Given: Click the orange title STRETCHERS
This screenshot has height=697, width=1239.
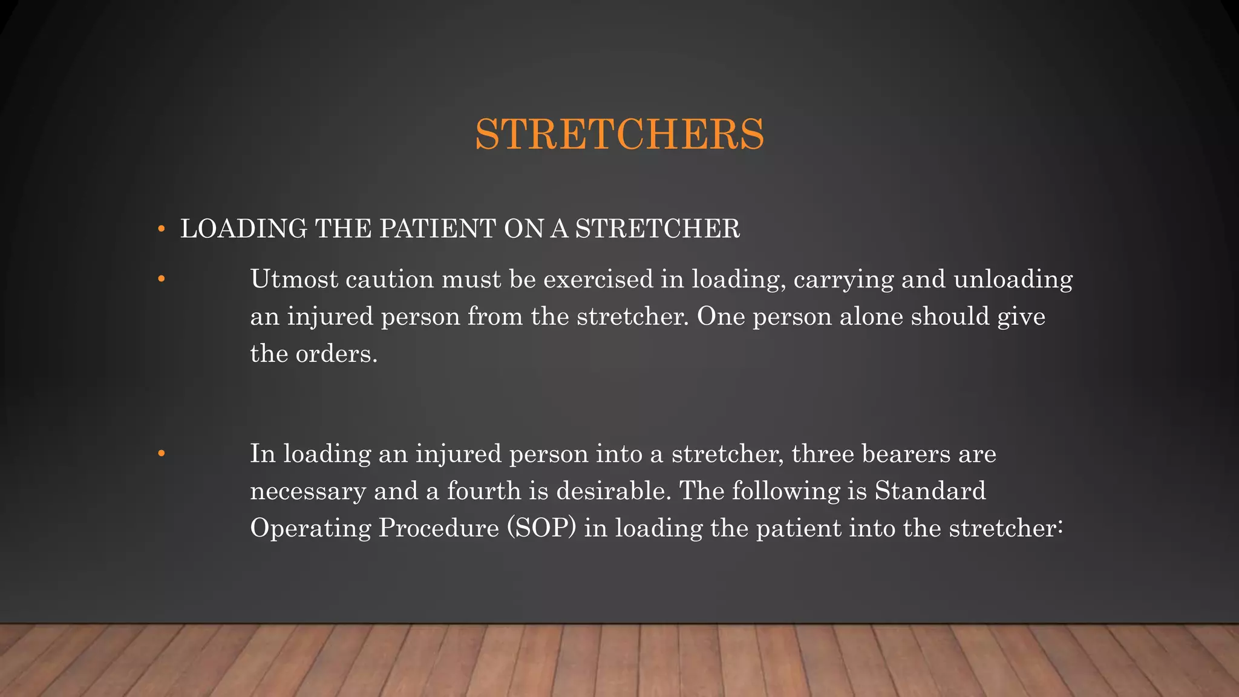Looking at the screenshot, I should click(x=619, y=134).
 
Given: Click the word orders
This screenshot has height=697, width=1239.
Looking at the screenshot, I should click(x=336, y=354).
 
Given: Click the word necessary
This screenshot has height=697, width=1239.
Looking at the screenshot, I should click(x=308, y=491).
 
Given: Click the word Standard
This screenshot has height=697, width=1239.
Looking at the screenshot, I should click(x=930, y=491).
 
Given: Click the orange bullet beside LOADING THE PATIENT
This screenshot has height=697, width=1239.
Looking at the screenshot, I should click(x=161, y=229).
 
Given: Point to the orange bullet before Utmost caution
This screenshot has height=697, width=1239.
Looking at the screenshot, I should click(x=161, y=280).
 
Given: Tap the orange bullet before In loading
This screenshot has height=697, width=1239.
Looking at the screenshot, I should click(x=161, y=454).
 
